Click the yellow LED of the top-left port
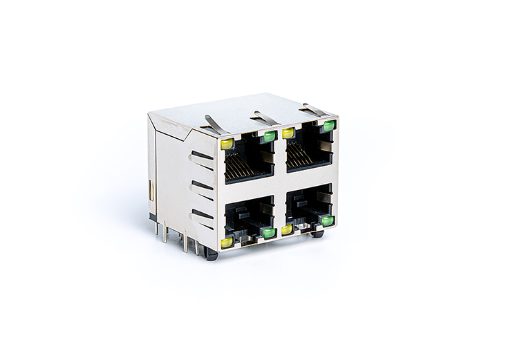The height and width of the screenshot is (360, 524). pos(227,144)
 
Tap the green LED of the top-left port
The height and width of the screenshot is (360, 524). pos(270,137)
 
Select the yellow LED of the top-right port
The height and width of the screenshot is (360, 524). pos(289,133)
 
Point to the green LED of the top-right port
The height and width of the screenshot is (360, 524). pos(328,126)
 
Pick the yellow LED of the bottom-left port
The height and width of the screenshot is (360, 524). pos(227,243)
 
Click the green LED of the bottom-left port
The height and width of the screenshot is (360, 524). pos(269,233)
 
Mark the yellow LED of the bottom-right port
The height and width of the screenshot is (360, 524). pos(287,229)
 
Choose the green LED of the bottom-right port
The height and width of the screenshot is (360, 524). pos(327,220)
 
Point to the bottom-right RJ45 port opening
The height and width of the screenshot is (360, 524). pos(308,206)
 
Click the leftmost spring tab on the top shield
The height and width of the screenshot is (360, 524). pos(215,124)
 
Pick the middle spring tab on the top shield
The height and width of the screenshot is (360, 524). pos(265,118)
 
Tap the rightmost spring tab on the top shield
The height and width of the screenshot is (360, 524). pos(313,110)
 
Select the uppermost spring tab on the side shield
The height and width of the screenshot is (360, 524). pos(201,156)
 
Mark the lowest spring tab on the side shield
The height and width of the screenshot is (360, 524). pos(202,215)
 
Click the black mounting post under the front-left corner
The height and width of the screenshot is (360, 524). pos(212,255)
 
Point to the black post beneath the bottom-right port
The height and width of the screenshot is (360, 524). pos(317,234)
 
